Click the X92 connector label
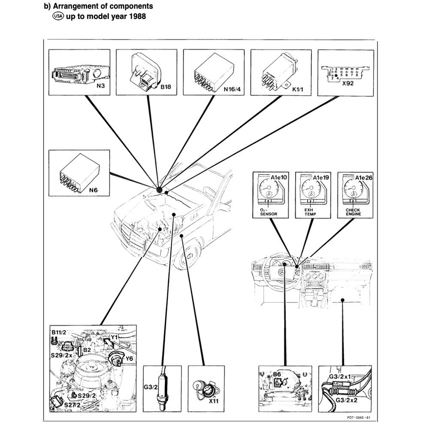point(348,84)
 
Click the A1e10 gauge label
point(280,177)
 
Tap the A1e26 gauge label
point(364,177)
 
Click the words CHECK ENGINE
point(353,212)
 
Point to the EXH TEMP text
point(310,212)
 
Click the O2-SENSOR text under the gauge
point(268,212)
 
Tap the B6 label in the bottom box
point(277,374)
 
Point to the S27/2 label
point(72,405)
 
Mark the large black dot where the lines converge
point(159,188)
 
